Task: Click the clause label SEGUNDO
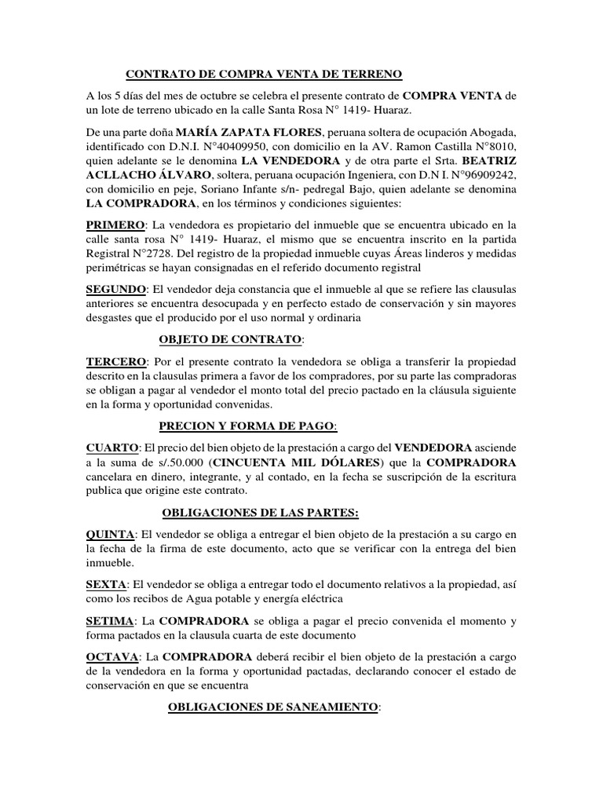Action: (118, 291)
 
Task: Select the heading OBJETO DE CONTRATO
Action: (230, 339)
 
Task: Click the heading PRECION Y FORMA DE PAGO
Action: (247, 426)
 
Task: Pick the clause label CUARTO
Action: (111, 448)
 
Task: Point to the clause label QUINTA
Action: (110, 535)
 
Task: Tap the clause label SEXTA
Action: (106, 586)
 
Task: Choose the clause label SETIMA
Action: (109, 622)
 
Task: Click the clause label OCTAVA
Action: (111, 656)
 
